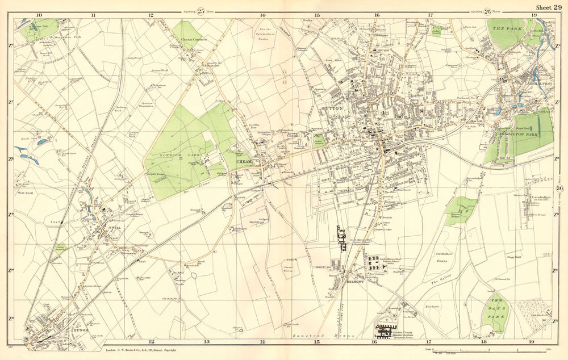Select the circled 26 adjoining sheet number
coord(487,11)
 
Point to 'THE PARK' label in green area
coord(503,28)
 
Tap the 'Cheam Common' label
coord(195,40)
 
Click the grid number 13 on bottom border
coord(206,342)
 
